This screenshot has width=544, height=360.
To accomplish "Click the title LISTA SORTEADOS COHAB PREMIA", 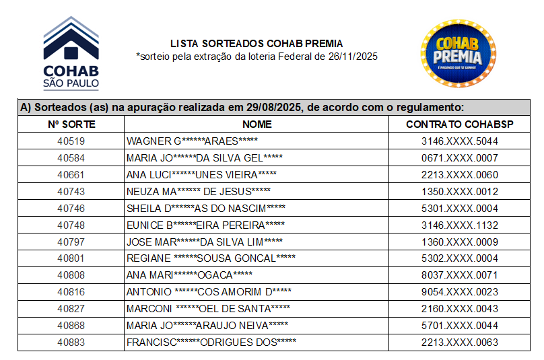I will pos(257,44).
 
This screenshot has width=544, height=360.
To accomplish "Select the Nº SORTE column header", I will pos(71,124).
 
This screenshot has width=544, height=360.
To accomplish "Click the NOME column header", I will pos(257,124).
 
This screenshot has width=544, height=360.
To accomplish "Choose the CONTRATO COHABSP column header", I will pos(460,124).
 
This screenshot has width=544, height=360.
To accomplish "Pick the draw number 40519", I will pos(71,141).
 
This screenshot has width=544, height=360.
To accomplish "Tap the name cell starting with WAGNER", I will pos(193,141).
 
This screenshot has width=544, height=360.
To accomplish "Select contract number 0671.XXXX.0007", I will pos(460,158).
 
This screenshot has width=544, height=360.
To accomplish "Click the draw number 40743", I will pos(71,192).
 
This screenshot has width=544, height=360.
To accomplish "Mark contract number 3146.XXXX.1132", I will pos(460,225).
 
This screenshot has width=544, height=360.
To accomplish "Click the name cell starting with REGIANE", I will pos(211,258).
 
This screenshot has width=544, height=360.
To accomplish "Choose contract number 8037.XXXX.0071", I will pos(460,275).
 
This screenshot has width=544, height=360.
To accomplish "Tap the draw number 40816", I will pos(71,292).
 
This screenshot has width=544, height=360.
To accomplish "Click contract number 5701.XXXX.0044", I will pos(460,326).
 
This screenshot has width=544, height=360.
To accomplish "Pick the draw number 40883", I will pos(71,343).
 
